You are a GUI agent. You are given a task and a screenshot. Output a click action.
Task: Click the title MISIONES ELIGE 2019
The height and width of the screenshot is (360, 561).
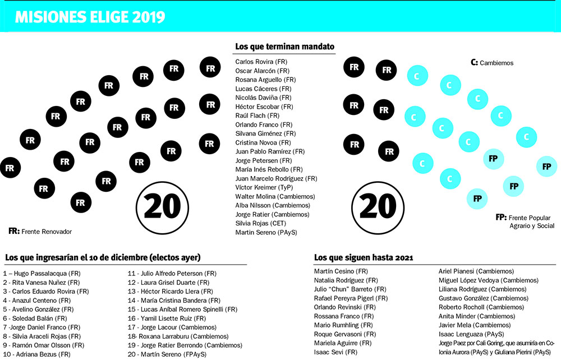coord(90,16)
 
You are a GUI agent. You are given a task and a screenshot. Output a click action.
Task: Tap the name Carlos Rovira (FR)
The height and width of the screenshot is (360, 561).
coord(262,62)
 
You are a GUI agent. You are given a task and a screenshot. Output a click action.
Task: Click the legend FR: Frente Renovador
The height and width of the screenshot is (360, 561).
coord(40,230)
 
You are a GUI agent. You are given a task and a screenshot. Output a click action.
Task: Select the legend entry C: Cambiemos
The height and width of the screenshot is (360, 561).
coord(492,63)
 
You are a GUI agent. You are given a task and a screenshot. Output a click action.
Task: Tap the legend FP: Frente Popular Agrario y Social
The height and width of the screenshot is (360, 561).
coord(525,221)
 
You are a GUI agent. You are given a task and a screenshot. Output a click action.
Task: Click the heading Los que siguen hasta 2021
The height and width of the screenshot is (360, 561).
coord(364,257)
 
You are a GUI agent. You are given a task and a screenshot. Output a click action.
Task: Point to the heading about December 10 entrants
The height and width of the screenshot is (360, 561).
coord(103,257)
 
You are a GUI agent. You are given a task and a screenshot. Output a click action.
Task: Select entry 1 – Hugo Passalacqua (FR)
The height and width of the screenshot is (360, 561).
coord(43,273)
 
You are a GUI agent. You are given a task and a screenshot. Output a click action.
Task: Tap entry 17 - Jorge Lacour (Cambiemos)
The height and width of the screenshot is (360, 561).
coord(172,327)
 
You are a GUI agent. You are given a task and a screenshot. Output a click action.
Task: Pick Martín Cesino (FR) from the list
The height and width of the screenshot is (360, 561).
coord(341,271)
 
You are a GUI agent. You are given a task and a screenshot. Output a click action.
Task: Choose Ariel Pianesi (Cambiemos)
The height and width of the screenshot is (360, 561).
coord(476,271)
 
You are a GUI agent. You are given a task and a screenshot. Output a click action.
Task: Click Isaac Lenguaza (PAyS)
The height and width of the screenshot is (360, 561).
coord(471,334)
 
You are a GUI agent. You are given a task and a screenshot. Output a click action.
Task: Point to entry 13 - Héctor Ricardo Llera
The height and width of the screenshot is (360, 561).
coord(171,291)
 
